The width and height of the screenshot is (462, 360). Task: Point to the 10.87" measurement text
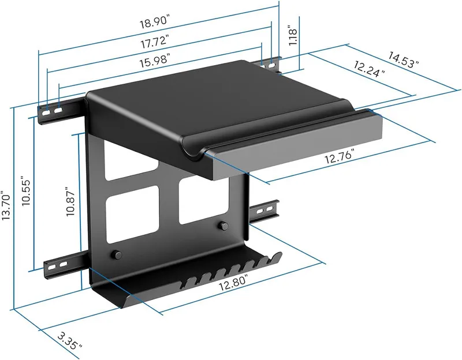70,201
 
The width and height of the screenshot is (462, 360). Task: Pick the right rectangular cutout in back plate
196,199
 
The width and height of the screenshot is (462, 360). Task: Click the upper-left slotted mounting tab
58,110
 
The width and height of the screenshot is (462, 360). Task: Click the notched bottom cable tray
191,283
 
